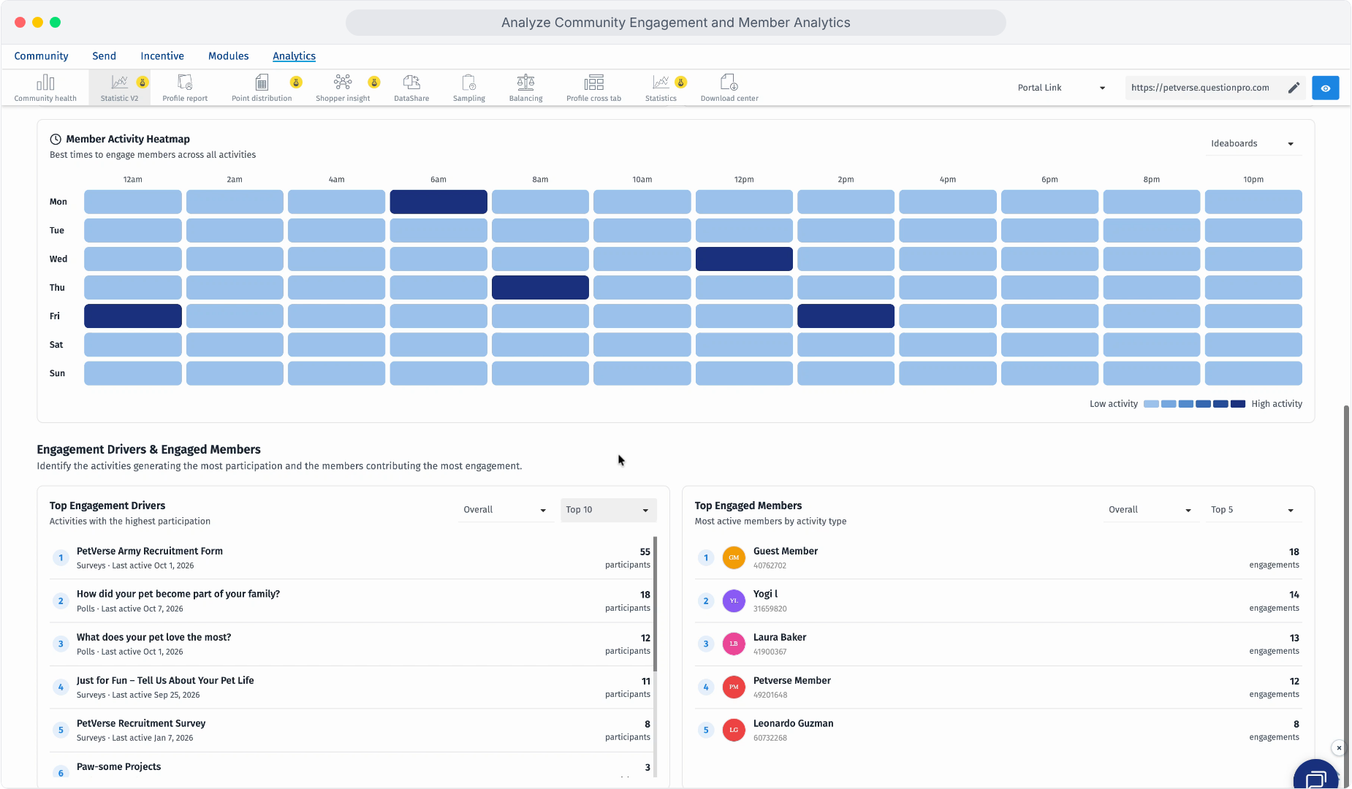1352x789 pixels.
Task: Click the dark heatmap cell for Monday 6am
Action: coord(438,202)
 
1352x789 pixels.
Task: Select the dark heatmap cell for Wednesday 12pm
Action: coord(744,259)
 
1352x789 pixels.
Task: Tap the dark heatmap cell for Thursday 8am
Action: coord(540,287)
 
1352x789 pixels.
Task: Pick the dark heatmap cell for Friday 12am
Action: coord(133,316)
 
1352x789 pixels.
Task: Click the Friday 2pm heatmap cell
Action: coord(846,316)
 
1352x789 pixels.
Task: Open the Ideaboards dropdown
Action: coord(1252,144)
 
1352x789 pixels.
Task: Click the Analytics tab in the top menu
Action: coord(294,56)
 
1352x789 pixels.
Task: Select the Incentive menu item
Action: coord(162,56)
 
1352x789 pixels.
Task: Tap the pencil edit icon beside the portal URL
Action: coord(1294,88)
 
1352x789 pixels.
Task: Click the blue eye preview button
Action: coord(1326,88)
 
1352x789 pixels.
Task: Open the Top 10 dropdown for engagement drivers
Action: coord(608,510)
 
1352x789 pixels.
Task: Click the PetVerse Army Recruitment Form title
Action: coord(150,552)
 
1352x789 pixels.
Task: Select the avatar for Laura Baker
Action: coord(734,644)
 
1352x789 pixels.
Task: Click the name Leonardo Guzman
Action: coord(794,723)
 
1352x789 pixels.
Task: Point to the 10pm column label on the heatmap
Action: coord(1253,180)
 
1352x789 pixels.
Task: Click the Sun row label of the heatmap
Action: coord(58,373)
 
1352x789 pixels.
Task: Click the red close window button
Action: coord(20,22)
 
